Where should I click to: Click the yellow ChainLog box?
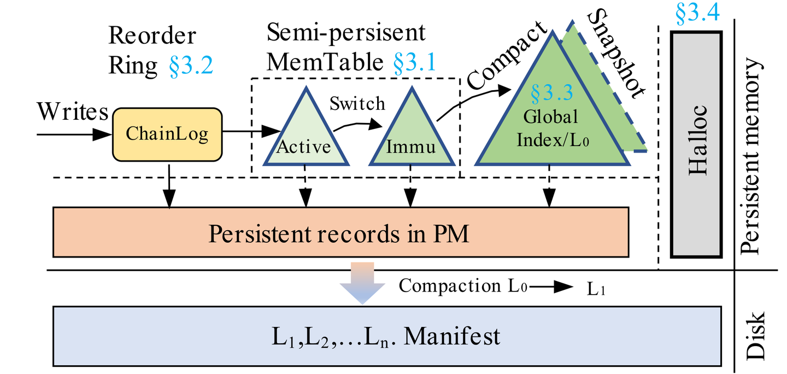click(167, 134)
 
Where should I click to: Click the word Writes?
click(73, 112)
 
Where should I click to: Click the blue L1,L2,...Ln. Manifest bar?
click(385, 336)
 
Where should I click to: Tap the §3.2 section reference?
click(190, 66)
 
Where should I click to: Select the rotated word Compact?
click(508, 55)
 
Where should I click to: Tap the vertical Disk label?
click(757, 335)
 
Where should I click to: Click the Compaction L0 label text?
click(462, 285)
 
